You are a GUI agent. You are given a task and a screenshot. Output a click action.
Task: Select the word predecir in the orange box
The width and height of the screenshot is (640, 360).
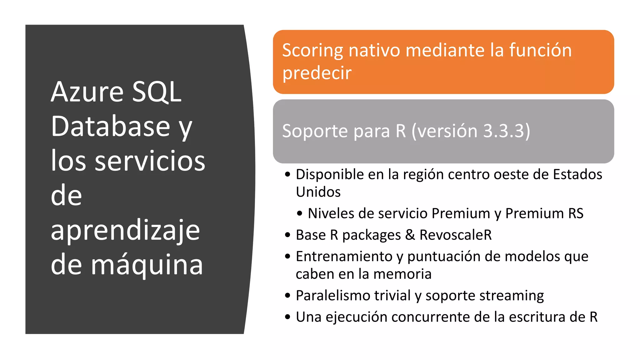(x=317, y=73)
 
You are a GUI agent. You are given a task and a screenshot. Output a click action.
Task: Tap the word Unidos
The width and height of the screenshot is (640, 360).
(x=318, y=192)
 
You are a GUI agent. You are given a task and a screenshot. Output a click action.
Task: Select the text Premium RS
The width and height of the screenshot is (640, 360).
(x=544, y=213)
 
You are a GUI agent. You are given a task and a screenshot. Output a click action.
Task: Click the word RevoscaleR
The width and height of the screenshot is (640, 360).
(x=455, y=235)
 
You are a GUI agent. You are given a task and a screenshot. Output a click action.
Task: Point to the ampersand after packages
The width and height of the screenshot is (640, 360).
(x=410, y=235)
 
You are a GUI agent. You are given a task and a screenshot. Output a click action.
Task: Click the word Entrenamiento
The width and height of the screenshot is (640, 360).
(x=344, y=257)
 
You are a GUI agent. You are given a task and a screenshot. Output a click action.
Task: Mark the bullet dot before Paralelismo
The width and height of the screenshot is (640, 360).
(x=287, y=296)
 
